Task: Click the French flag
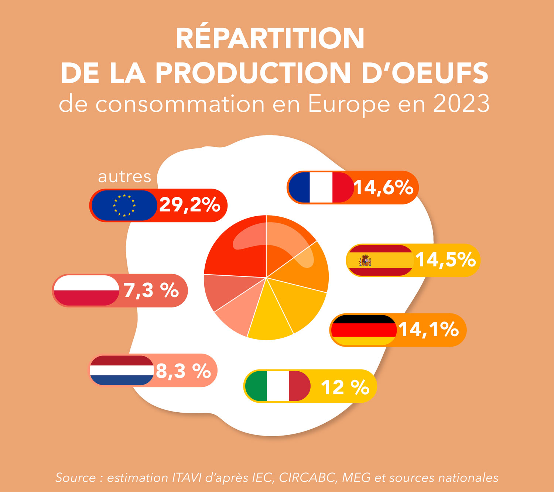(321, 187)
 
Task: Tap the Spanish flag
(380, 260)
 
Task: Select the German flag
(364, 330)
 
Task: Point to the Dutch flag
(122, 370)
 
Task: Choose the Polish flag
(86, 290)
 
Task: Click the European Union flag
(124, 205)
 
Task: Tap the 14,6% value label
(384, 187)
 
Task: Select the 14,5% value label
(445, 260)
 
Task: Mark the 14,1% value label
(428, 329)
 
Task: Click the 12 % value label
(345, 387)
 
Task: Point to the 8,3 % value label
(183, 371)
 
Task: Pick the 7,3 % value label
(151, 290)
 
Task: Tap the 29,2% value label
(189, 205)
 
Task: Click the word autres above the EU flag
(124, 177)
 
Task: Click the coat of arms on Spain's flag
(365, 260)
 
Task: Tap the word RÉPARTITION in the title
(270, 38)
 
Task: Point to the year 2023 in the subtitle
(461, 104)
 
